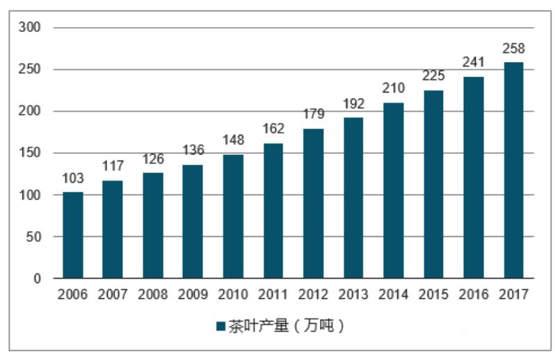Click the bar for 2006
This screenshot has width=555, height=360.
(73, 235)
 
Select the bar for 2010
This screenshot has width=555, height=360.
(234, 216)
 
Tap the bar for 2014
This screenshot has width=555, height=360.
(393, 190)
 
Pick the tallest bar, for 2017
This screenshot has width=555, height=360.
(513, 170)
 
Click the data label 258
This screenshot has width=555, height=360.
(513, 49)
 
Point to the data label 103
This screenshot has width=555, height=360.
(73, 179)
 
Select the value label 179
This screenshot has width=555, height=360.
(312, 115)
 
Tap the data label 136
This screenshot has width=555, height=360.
(193, 151)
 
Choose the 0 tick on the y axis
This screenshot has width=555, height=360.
(38, 279)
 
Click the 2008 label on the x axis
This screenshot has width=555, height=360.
(153, 295)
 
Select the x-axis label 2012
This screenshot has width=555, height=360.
(312, 295)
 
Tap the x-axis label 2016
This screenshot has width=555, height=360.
(473, 295)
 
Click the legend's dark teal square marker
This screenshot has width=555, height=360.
(220, 326)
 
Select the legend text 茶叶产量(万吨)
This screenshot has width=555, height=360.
(285, 326)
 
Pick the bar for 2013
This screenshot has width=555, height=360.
(353, 198)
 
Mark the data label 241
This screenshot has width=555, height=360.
(473, 63)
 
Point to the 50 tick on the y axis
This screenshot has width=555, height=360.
(34, 237)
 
